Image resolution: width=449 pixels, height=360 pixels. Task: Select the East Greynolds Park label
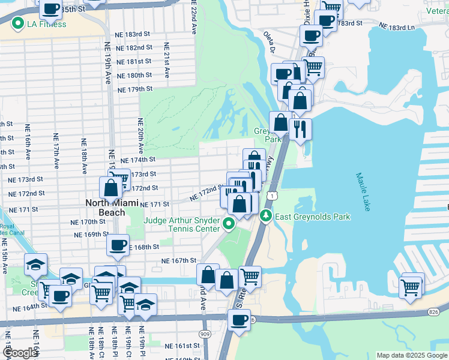(x=312, y=216)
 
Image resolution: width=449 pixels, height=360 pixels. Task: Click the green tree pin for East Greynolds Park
(x=265, y=216)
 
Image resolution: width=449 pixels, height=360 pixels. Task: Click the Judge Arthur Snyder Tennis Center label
(x=181, y=224)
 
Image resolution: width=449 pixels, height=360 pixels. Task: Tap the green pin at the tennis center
(x=228, y=224)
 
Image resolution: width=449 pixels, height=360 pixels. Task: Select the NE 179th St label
(x=135, y=89)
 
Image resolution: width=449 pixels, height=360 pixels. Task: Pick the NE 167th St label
(x=178, y=260)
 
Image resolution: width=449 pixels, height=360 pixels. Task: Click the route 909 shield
(x=205, y=333)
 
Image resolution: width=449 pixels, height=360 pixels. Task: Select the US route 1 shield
(x=273, y=196)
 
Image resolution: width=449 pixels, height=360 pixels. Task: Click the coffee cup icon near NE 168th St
(x=118, y=244)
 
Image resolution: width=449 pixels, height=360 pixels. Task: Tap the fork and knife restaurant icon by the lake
(x=299, y=128)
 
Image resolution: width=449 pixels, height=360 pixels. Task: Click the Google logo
(x=19, y=353)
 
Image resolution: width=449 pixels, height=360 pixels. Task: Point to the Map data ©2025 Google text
(x=411, y=355)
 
